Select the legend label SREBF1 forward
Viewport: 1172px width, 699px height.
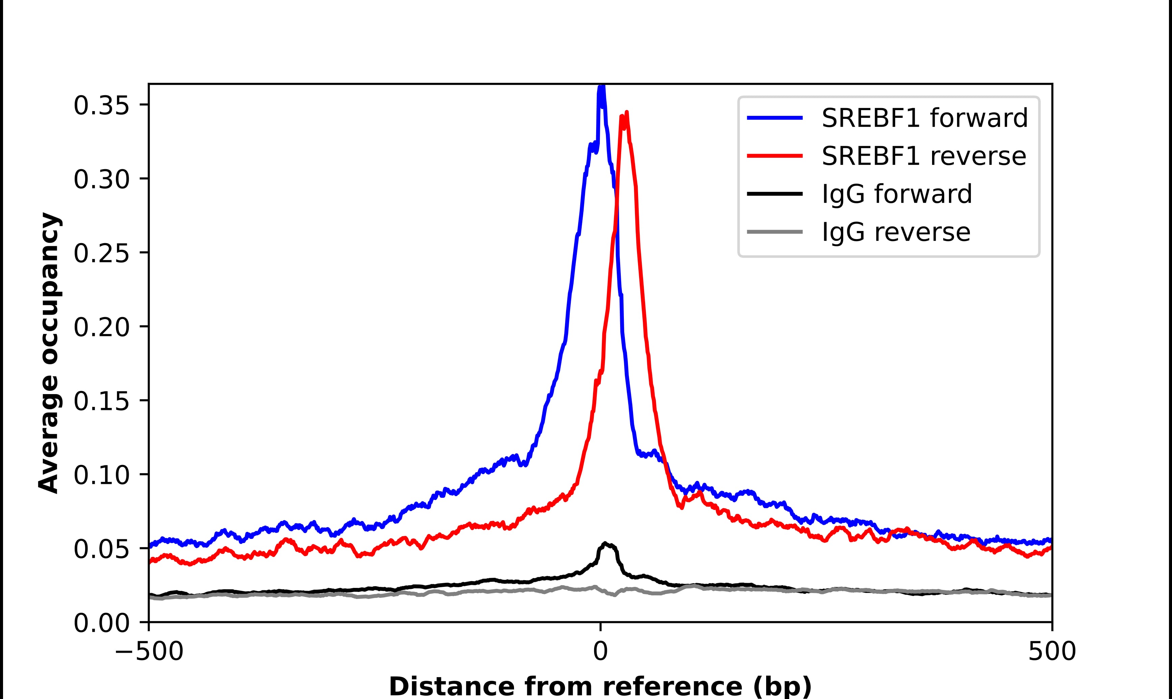(925, 118)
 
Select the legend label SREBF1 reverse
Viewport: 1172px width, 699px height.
(924, 156)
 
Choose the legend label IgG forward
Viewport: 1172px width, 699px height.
(897, 194)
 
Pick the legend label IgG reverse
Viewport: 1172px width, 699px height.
(896, 232)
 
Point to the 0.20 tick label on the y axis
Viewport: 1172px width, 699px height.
(101, 327)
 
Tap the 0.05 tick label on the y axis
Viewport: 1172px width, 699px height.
(101, 549)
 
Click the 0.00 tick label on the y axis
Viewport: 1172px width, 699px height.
(101, 623)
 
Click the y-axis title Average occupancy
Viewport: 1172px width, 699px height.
(49, 353)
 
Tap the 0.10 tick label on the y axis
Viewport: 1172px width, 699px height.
(101, 475)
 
